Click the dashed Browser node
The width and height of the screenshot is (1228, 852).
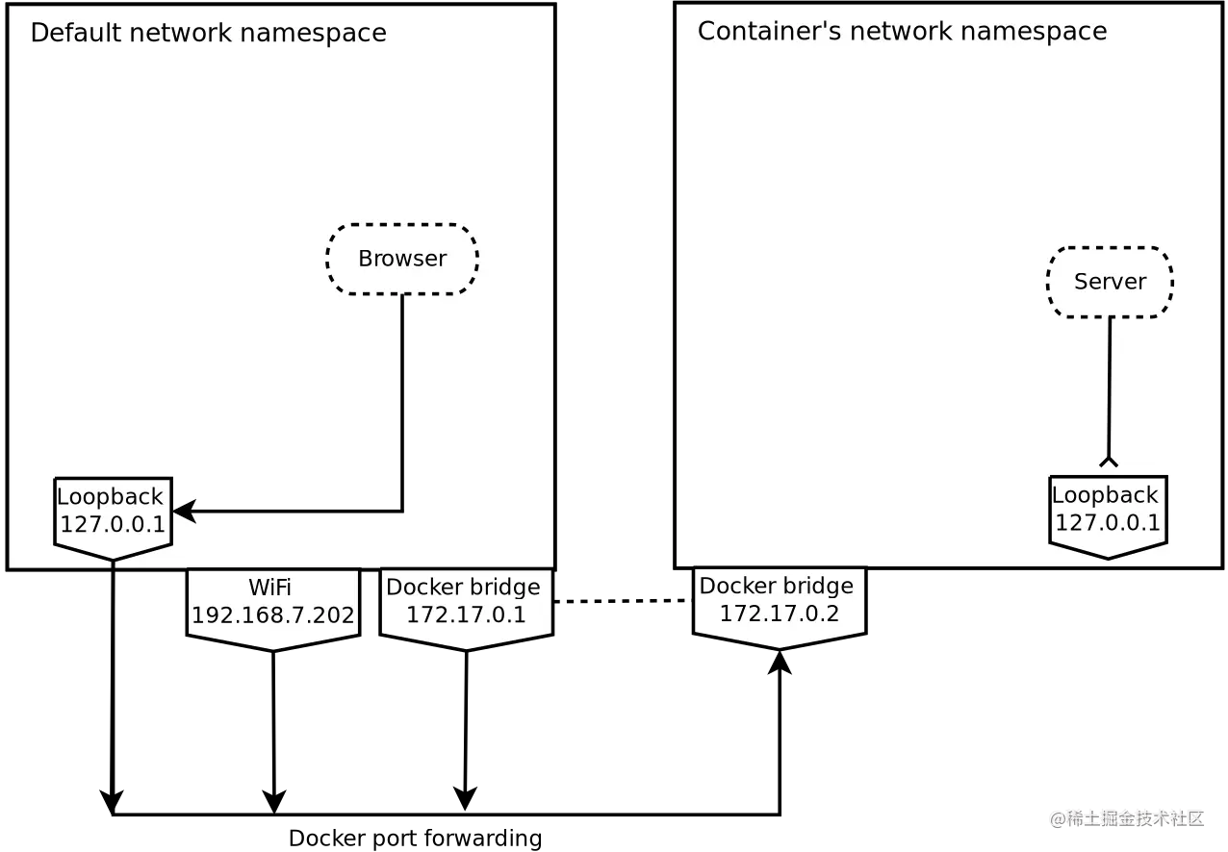click(402, 259)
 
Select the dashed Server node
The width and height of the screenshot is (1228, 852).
click(1110, 282)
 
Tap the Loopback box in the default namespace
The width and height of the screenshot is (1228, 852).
click(113, 514)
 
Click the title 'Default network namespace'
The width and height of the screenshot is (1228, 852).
click(208, 33)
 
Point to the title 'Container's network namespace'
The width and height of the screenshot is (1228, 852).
click(902, 32)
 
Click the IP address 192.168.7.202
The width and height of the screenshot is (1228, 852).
click(273, 615)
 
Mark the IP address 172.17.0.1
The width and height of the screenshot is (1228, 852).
click(466, 615)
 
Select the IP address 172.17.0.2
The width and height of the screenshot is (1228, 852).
click(780, 614)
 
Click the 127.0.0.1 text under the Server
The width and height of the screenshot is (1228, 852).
click(1107, 523)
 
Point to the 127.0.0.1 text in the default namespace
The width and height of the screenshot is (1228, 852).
click(113, 525)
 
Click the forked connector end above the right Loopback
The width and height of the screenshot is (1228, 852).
click(1109, 462)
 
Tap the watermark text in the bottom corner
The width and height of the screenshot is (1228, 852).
click(1127, 817)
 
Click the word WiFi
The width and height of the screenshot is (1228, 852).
click(270, 587)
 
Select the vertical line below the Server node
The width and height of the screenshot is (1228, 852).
click(1110, 385)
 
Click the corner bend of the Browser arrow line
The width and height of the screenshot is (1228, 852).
click(401, 511)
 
